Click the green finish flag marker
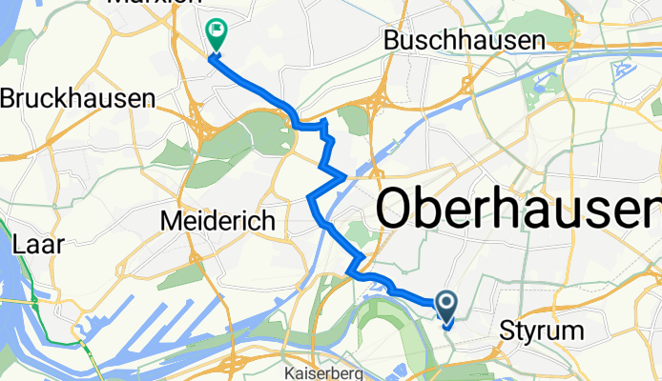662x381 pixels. (217, 35)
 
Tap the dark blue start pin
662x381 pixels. (445, 304)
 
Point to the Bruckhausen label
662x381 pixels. (77, 98)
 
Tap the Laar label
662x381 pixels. (38, 245)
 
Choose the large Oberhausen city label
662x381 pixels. (520, 208)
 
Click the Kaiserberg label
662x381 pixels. (323, 366)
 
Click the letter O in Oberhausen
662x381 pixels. (403, 208)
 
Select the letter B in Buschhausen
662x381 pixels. (391, 40)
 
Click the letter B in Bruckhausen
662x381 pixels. (9, 98)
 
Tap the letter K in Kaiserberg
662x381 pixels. (290, 366)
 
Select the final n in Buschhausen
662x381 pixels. (538, 40)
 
